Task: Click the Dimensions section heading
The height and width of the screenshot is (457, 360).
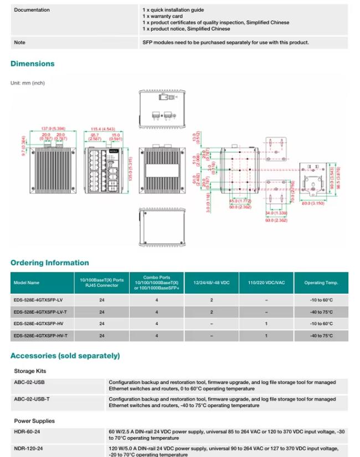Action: click(x=33, y=64)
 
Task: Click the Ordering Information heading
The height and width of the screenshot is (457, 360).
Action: click(x=49, y=263)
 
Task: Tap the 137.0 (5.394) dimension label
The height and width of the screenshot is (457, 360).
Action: click(x=54, y=129)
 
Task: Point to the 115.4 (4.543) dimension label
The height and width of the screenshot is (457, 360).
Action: click(x=103, y=129)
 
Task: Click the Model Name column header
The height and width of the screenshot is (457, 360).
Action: click(x=27, y=283)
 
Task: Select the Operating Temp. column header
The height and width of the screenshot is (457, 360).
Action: click(x=321, y=283)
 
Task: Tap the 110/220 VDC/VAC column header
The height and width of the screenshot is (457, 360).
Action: click(x=266, y=283)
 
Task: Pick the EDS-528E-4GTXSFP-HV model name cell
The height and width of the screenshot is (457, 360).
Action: click(x=38, y=324)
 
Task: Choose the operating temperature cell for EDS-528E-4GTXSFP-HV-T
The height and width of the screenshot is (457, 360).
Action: click(x=321, y=336)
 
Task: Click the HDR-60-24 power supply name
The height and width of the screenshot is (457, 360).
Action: click(x=27, y=431)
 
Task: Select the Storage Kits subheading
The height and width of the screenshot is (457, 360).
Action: click(x=30, y=371)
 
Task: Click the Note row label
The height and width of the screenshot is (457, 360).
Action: click(x=19, y=43)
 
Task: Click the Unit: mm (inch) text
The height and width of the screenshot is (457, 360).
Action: click(x=28, y=83)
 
